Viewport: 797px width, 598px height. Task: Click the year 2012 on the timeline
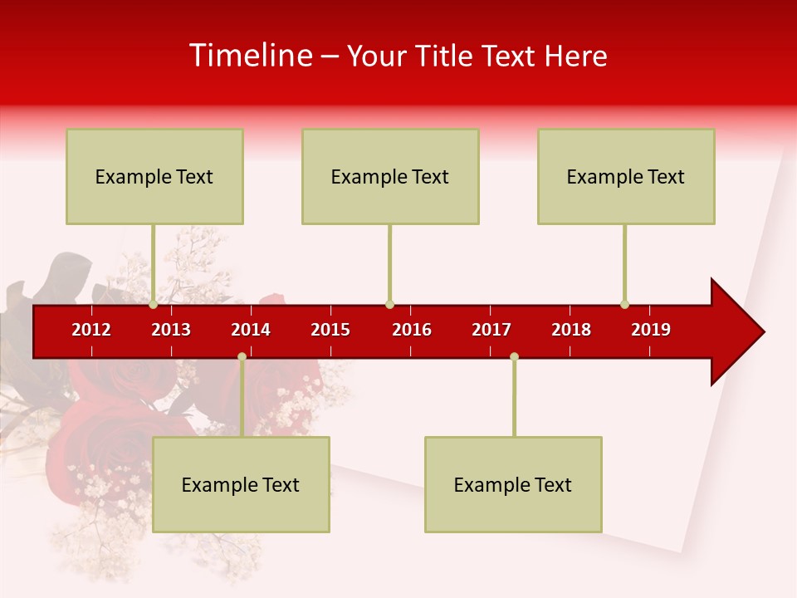91,330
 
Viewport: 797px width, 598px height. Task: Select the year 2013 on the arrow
171,330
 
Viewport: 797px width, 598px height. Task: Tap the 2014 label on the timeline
251,330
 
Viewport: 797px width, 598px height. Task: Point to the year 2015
330,330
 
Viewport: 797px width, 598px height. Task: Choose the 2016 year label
412,330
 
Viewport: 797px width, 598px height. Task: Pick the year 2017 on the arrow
491,330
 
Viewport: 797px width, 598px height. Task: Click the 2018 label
571,330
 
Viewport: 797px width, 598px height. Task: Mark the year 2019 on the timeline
651,330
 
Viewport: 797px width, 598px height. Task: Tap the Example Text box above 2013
154,176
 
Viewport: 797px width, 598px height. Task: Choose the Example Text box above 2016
390,176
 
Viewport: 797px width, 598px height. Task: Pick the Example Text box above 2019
626,176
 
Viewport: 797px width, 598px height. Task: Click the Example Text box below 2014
241,484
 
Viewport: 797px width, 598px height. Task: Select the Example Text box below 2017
513,484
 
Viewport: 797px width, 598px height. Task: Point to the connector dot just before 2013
154,304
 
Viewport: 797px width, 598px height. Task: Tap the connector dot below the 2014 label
242,356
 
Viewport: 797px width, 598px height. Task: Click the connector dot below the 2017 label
514,356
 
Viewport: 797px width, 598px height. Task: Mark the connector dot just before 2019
624,304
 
